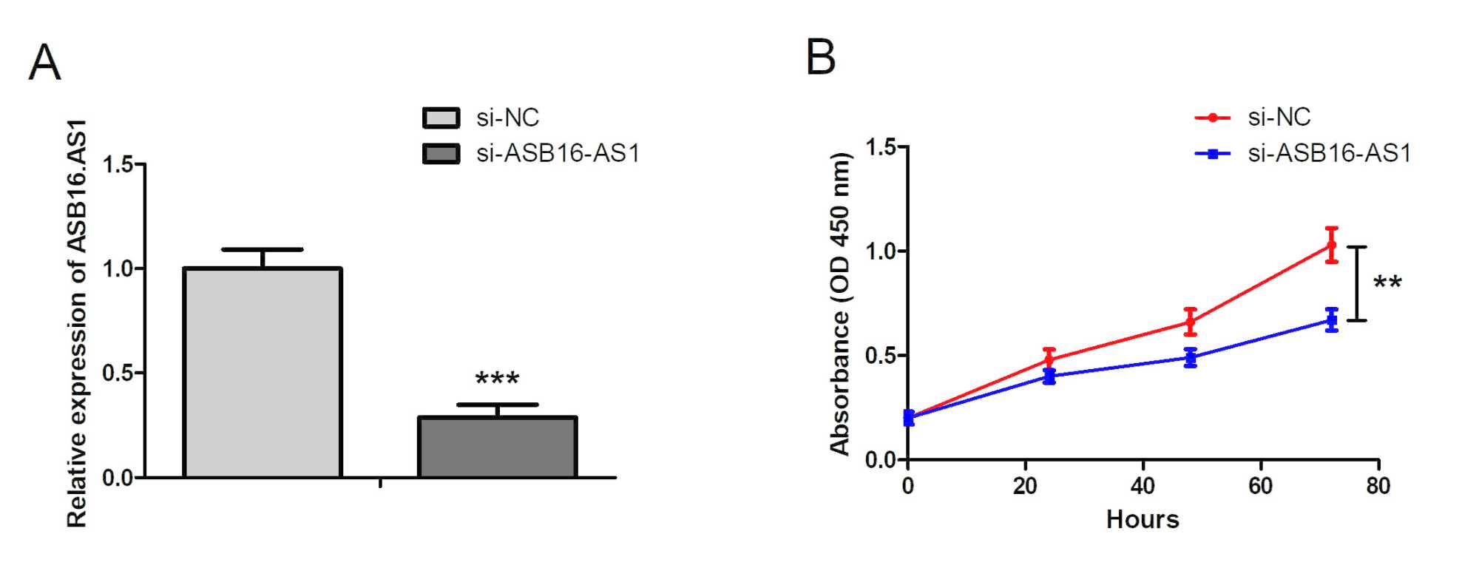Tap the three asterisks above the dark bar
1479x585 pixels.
coord(497,380)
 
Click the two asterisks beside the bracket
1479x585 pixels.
coord(1387,283)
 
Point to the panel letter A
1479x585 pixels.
coord(44,63)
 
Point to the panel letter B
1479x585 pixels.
coord(821,57)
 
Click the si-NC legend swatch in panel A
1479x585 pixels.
coord(441,118)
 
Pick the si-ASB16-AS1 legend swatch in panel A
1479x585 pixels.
coord(441,153)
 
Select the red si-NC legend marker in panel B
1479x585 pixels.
coord(1212,118)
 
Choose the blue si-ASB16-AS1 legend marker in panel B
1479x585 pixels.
coord(1212,154)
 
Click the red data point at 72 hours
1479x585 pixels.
coord(1332,246)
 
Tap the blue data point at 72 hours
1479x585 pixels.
coord(1332,320)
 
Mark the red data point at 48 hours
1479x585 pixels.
coord(1190,322)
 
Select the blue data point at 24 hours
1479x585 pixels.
coord(1049,376)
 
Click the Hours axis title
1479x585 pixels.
coord(1143,519)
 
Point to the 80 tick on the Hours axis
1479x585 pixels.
coord(1378,486)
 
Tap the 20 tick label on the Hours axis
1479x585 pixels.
coord(1025,486)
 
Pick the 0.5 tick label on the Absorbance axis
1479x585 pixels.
coord(881,356)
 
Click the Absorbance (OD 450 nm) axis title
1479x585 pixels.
coord(840,303)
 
